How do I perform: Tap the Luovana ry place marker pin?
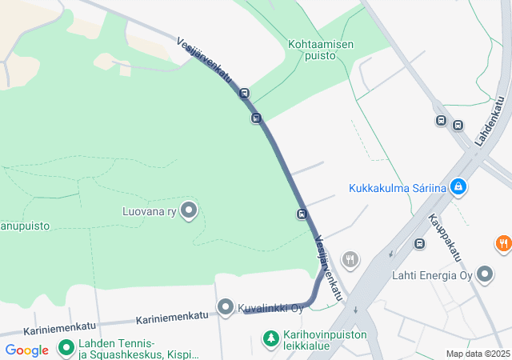189,210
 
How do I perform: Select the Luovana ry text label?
149,212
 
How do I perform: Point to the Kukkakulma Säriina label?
397,189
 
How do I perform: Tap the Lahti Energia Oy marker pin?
485,275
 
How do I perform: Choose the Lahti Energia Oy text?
432,276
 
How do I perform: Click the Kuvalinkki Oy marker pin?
226,307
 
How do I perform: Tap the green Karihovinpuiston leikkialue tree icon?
271,339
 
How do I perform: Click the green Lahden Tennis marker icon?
65,350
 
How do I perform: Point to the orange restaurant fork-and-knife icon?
503,244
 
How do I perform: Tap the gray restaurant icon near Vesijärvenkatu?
350,259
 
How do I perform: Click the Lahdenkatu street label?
490,120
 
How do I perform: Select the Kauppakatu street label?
445,237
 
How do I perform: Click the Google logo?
26,350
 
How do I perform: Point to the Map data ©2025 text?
478,354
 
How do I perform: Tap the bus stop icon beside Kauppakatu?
419,243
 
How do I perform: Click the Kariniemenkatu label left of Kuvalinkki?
172,318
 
